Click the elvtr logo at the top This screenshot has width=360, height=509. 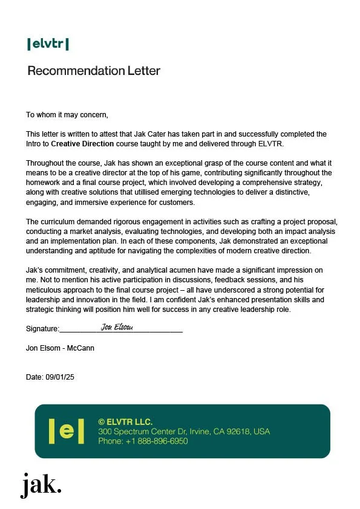tap(48, 44)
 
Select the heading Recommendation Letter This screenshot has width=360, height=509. tap(94, 71)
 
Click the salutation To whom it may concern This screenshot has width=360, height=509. tap(67, 114)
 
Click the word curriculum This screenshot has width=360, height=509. tap(60, 222)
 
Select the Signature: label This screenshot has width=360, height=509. tap(42, 329)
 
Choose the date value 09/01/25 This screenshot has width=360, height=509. tap(60, 377)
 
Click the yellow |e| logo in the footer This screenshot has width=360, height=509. tap(67, 431)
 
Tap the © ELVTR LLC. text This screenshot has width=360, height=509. tap(125, 421)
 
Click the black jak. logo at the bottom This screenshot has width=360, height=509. tap(41, 485)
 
